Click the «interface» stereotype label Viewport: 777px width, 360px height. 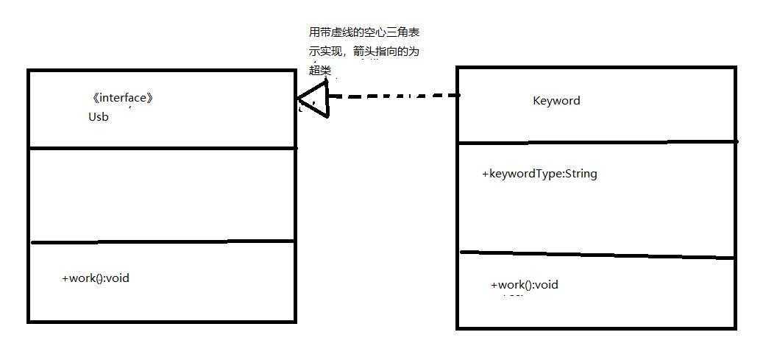pos(123,98)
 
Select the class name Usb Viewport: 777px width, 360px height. pos(99,116)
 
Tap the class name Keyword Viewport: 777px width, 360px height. pos(556,101)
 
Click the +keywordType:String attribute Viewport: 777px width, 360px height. pos(539,174)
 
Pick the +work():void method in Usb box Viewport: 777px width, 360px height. pos(96,278)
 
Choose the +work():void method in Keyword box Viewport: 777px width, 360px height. pos(525,285)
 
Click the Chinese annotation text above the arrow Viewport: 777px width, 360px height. pos(364,52)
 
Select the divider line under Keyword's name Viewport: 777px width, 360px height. pos(596,141)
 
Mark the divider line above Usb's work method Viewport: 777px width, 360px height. pos(162,241)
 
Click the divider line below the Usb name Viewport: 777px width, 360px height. pos(162,148)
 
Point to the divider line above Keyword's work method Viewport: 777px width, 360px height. pos(596,255)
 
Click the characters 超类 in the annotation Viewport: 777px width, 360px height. pos(320,71)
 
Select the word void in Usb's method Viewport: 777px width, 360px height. pos(118,278)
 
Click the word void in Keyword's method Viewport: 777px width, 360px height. pos(546,285)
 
